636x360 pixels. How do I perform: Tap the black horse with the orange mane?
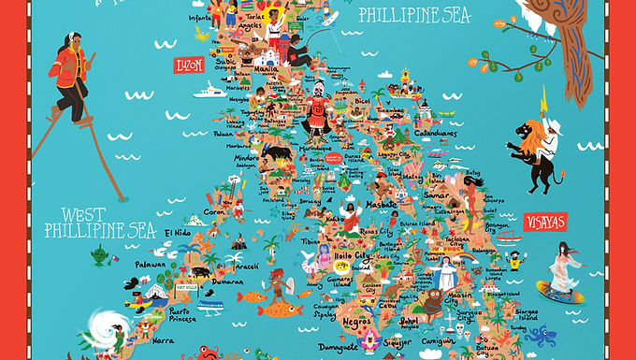click(530, 151)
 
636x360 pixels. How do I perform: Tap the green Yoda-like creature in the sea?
click(97, 253)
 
